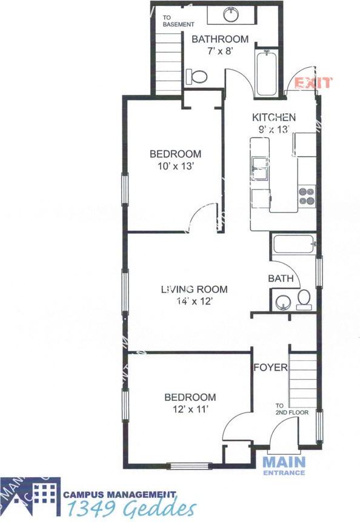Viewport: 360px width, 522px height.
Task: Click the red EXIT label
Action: [313, 83]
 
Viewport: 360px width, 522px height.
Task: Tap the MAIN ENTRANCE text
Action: [284, 465]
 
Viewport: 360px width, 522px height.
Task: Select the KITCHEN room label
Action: [274, 117]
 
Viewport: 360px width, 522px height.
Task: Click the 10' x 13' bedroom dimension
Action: [175, 166]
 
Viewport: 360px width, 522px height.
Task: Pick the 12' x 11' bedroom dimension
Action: [190, 409]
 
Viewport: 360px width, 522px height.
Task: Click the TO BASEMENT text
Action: [179, 21]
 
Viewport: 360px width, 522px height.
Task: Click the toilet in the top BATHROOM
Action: [198, 76]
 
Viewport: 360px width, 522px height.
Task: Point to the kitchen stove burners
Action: [307, 196]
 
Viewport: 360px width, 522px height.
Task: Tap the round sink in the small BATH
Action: [282, 302]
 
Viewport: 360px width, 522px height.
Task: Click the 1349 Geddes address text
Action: [131, 508]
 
